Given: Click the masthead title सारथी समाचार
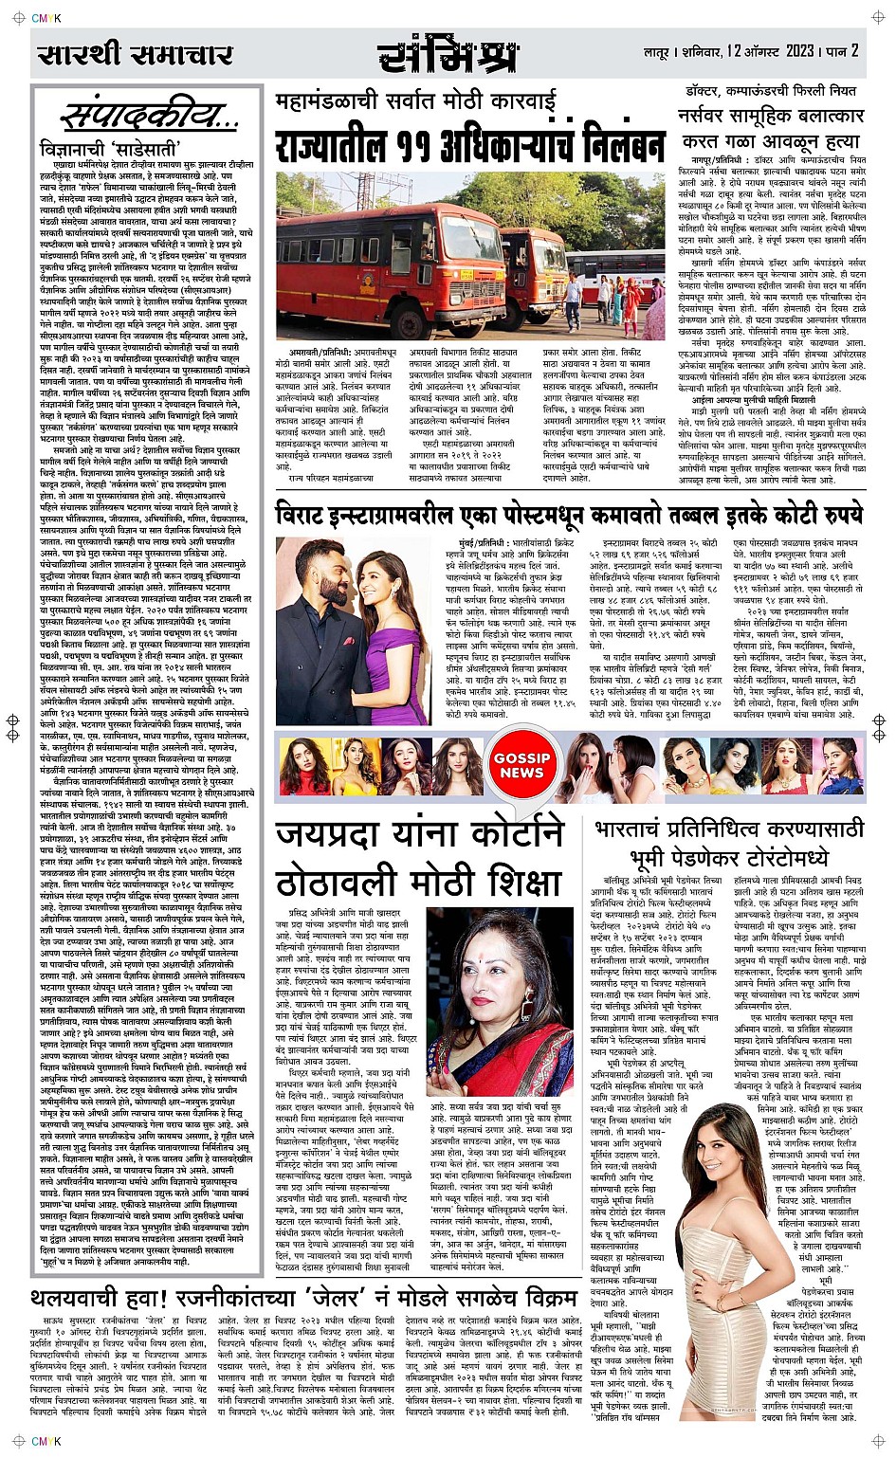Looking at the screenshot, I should tap(136, 54).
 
